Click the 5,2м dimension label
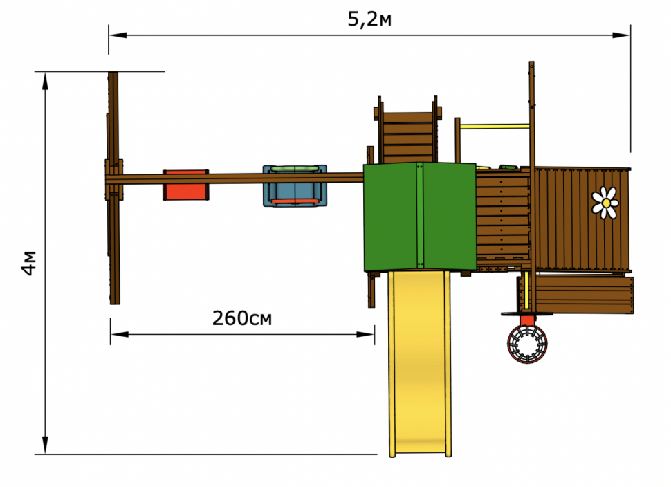tap(369, 19)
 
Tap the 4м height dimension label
tap(29, 262)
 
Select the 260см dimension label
tap(242, 318)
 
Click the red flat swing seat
tap(185, 185)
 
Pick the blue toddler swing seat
tap(295, 186)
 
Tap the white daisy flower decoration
tap(605, 203)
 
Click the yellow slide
tap(420, 364)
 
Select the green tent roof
tap(420, 217)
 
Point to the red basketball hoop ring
tap(527, 344)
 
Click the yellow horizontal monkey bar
tap(495, 126)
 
